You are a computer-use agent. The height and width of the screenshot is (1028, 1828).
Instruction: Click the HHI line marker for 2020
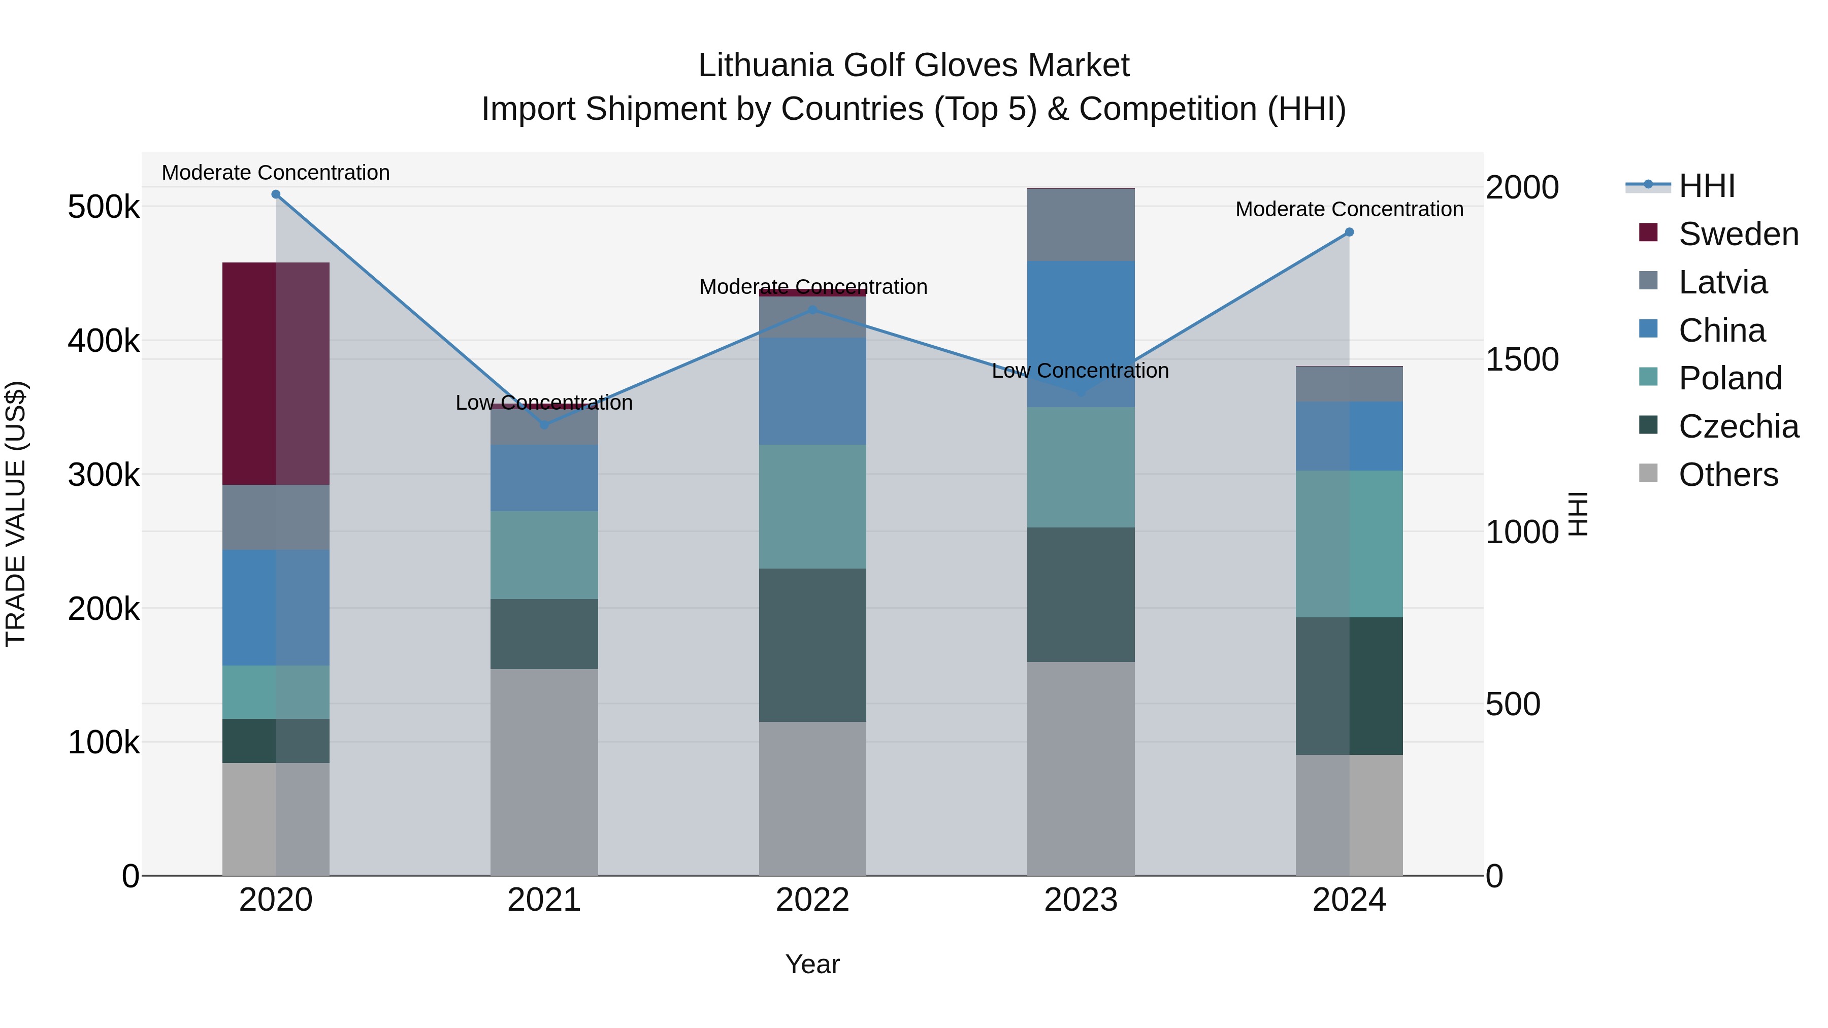tap(276, 194)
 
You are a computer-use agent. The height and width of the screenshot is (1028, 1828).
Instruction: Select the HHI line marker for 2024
tap(1349, 232)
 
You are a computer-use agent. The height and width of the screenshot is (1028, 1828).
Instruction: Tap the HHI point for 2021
tap(544, 425)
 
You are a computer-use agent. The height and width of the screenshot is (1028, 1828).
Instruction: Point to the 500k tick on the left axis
tap(104, 207)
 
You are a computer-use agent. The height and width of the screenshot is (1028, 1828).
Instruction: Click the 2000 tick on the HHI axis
tap(1521, 187)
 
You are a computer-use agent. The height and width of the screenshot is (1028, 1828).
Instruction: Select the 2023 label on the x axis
tap(1081, 900)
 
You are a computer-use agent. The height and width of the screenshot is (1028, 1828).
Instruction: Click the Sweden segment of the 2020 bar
tap(276, 374)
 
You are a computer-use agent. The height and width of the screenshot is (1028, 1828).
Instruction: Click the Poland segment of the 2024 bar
tap(1349, 544)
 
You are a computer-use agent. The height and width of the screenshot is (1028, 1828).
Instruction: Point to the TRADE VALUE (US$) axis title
tap(16, 514)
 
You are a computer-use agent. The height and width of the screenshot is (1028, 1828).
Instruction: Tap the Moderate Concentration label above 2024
tap(1349, 209)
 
